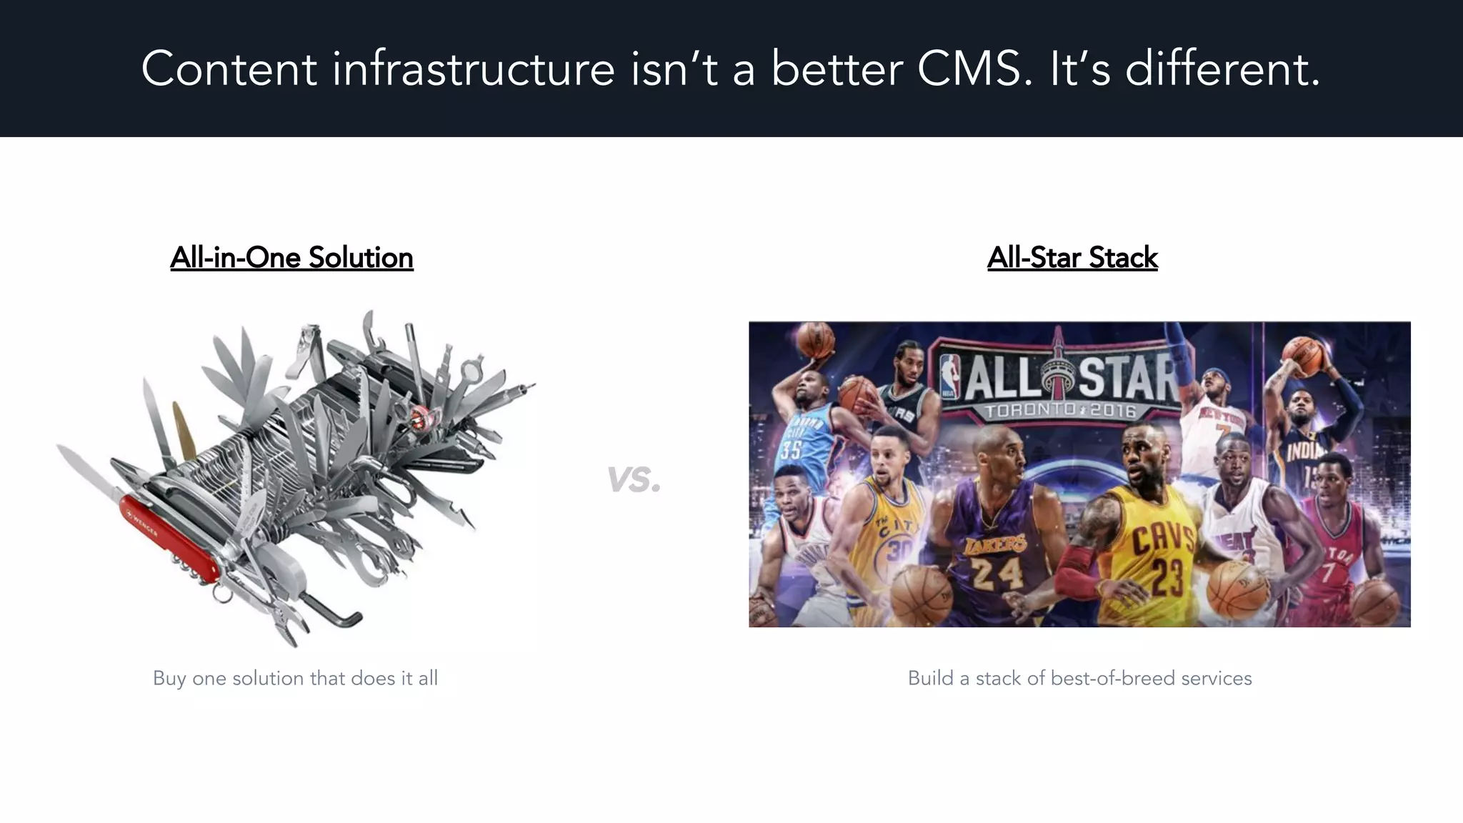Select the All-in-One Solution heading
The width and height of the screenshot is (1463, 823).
coord(291,258)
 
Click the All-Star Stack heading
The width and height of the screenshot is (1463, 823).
coord(1072,258)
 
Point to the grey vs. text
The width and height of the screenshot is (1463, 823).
coord(634,479)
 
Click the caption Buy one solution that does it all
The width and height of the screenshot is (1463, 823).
coord(295,678)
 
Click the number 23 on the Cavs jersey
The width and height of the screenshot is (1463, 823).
coord(1165,577)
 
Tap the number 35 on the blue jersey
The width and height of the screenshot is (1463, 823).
coord(792,449)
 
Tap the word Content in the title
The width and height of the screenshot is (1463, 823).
coord(229,70)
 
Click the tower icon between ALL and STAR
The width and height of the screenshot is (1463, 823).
coord(1057,371)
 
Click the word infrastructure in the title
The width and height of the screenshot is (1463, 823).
coord(473,70)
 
